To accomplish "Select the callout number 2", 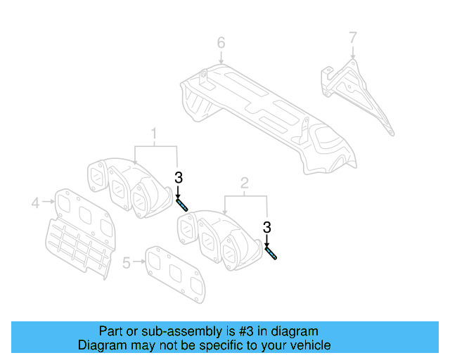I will coord(245,184).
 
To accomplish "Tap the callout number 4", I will coord(35,203).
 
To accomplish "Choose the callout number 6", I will coord(221,43).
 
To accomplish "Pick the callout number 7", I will coord(353,36).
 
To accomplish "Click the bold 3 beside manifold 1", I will coord(178,177).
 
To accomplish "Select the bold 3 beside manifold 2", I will coord(267,226).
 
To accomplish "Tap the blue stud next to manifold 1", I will coord(182,205).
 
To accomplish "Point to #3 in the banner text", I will coord(211,331).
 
